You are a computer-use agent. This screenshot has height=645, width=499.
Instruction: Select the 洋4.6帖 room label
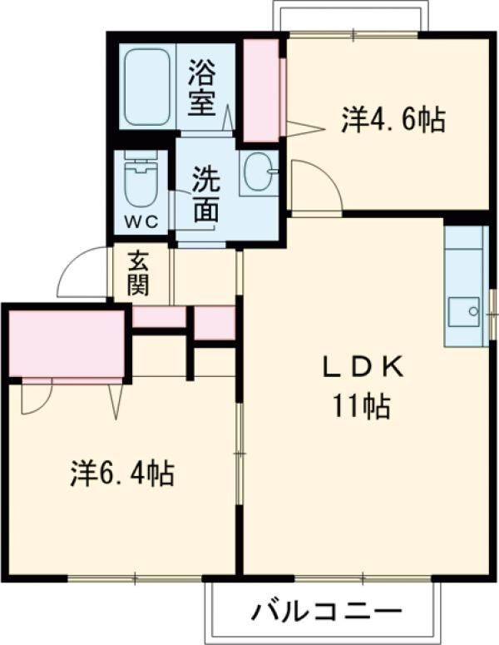point(392,120)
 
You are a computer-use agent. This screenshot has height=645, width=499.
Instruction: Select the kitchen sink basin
point(463,312)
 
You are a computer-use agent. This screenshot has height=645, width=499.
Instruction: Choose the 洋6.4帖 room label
point(121,474)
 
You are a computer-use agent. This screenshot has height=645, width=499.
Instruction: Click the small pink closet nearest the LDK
point(215,323)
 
